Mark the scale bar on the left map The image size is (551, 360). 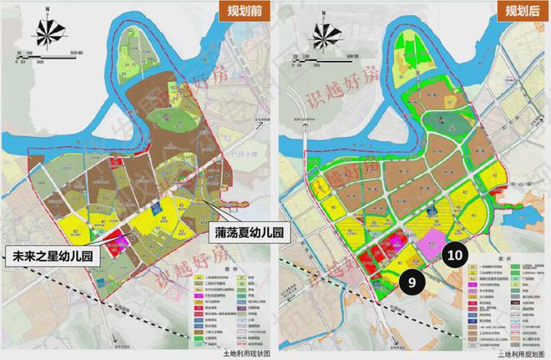(x=50, y=57)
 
